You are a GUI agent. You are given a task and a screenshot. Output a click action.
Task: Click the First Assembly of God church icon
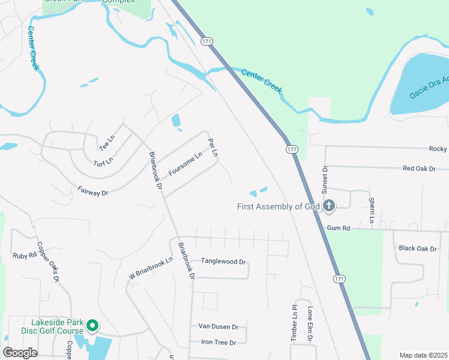[328, 206]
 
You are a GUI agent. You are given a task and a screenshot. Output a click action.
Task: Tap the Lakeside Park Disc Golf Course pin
[92, 326]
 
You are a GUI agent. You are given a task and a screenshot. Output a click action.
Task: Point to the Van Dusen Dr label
[218, 327]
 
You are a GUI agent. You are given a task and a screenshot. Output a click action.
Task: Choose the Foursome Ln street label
[185, 163]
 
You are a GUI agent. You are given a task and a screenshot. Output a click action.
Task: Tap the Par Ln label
[212, 147]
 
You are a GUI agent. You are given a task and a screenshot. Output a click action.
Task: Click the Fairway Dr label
[93, 192]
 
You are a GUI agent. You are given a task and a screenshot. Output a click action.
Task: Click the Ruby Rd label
[25, 255]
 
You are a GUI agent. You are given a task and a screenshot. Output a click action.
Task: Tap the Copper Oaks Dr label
[48, 262]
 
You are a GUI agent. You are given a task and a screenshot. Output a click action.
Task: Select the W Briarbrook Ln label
[151, 268]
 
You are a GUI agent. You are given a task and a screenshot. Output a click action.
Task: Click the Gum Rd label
[338, 228]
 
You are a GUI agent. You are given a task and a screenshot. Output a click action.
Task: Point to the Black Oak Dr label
[417, 248]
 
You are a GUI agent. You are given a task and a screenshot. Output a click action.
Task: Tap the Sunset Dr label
[325, 178]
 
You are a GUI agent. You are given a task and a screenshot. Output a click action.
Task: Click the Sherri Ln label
[372, 211]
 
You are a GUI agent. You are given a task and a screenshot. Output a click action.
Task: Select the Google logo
[20, 353]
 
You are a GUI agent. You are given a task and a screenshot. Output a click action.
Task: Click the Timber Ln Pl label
[294, 327]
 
